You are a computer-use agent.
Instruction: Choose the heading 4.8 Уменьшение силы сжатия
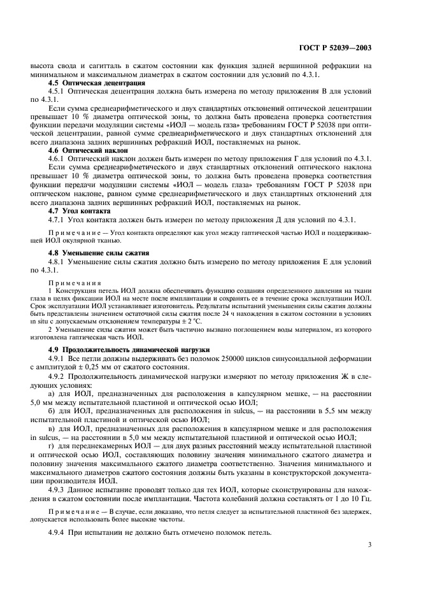[x=94, y=252]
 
